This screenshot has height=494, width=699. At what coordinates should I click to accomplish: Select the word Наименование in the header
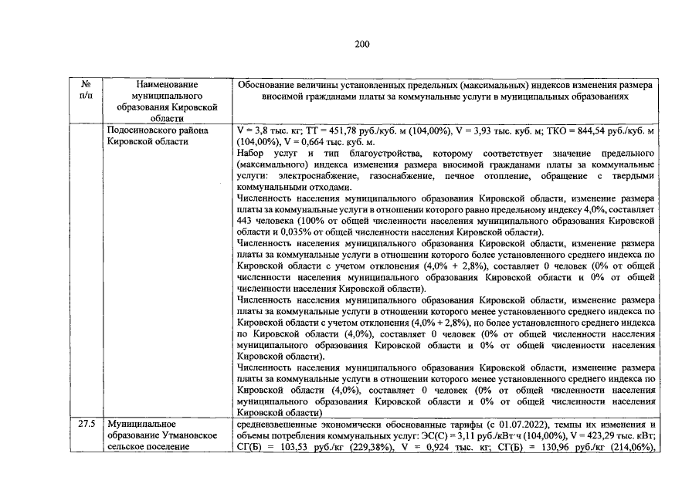click(x=166, y=84)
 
